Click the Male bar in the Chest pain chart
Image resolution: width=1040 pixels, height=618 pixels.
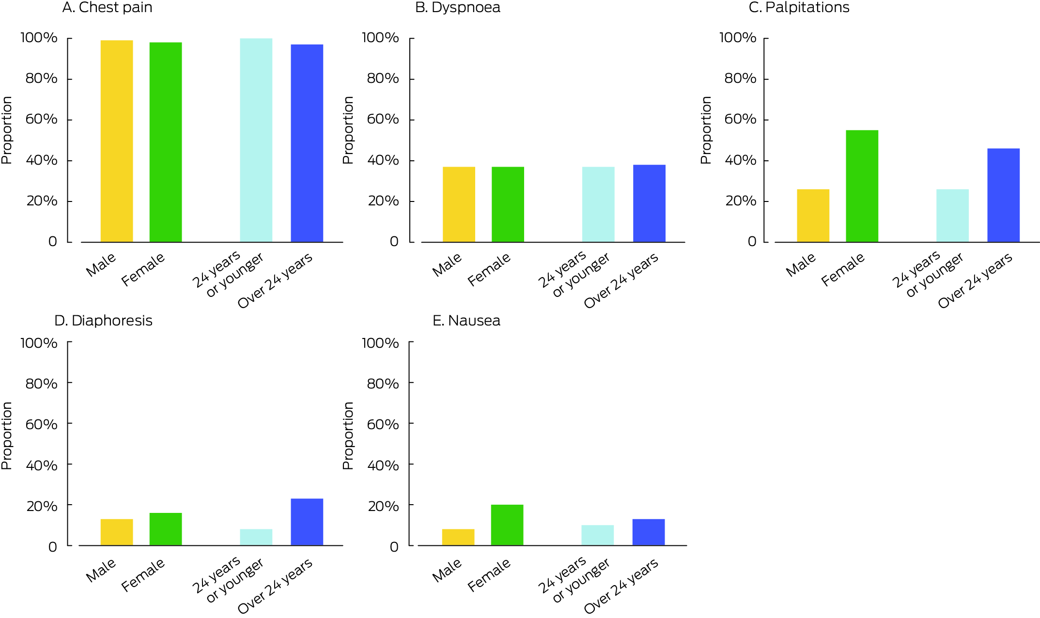tap(117, 141)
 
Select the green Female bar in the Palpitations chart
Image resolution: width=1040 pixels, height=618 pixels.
tap(862, 186)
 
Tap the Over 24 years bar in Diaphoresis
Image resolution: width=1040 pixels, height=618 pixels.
tap(307, 522)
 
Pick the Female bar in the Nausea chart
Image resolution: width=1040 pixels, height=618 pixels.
tap(507, 525)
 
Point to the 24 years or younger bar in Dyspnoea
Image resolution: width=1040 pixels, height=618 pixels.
tap(598, 204)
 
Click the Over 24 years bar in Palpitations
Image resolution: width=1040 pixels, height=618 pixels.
tap(1003, 195)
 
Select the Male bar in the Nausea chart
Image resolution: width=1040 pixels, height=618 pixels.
tap(458, 537)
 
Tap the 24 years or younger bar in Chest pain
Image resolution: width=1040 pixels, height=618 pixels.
tap(256, 140)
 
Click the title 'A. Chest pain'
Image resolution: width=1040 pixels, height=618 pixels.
tap(107, 8)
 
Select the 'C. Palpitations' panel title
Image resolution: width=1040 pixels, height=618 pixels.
tap(799, 8)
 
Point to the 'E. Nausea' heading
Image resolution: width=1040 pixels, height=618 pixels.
tap(466, 321)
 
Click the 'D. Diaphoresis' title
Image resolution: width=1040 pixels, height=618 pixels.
tap(103, 321)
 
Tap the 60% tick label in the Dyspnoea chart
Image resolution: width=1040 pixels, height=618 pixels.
tap(383, 119)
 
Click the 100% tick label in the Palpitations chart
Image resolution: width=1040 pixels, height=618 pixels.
tap(737, 38)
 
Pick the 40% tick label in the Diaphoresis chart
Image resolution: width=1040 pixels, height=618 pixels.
tap(42, 465)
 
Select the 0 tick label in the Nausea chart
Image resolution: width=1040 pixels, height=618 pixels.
tap(394, 547)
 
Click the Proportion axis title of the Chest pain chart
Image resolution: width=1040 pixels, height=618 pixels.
tap(7, 130)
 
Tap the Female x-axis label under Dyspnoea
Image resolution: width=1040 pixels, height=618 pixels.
tap(489, 269)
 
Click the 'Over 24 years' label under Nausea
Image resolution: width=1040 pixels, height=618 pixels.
tap(621, 586)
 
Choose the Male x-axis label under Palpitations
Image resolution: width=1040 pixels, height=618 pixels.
tap(801, 265)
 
